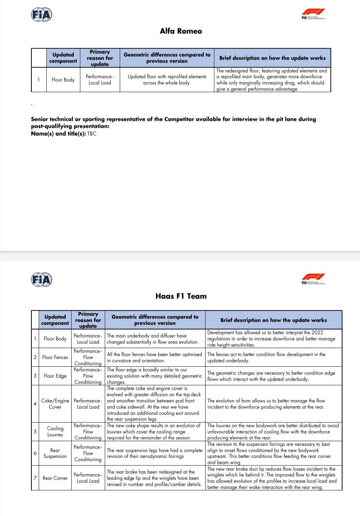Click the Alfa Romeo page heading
pos(181,31)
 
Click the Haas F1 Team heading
pos(181,296)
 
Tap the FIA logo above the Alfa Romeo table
pos(42,15)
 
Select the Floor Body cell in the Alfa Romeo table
pos(63,80)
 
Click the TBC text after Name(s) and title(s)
pos(92,134)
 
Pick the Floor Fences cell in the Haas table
pos(55,357)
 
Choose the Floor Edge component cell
pos(55,376)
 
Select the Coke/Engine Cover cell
pos(55,404)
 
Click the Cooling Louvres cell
pos(55,432)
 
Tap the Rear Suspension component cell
pos(55,453)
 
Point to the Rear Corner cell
pos(55,478)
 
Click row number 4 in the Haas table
pos(35,404)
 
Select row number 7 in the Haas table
pos(35,478)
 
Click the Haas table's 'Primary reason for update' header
pos(88,320)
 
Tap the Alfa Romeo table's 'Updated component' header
pos(63,58)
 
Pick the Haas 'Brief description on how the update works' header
pos(273,320)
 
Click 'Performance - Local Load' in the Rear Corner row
pos(88,478)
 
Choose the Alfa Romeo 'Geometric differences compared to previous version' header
pos(167,58)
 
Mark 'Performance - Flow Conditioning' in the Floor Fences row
pos(88,357)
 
